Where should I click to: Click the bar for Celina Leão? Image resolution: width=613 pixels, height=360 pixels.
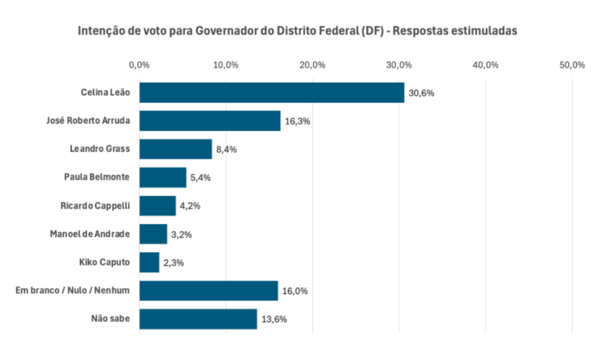pyautogui.click(x=271, y=93)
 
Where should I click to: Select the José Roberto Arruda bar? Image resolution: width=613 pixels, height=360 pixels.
pyautogui.click(x=210, y=121)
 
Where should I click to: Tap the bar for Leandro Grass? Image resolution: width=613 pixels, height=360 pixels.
pyautogui.click(x=175, y=149)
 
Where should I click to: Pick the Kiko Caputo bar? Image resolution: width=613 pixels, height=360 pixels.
pyautogui.click(x=149, y=262)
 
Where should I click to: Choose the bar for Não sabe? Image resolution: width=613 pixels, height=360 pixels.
pyautogui.click(x=198, y=319)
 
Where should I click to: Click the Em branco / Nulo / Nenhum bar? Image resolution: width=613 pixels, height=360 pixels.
pyautogui.click(x=208, y=291)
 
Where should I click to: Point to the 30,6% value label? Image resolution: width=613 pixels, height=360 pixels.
pyautogui.click(x=421, y=93)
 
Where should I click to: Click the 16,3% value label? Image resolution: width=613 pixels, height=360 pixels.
pyautogui.click(x=297, y=122)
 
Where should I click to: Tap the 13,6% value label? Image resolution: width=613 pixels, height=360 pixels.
pyautogui.click(x=274, y=319)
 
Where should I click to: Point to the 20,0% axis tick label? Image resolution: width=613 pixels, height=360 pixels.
pyautogui.click(x=312, y=65)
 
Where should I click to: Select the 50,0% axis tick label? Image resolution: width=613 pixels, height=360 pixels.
pyautogui.click(x=572, y=65)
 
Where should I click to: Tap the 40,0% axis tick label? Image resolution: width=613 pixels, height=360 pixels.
pyautogui.click(x=485, y=65)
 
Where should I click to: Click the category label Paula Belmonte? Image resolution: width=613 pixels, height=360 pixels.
pyautogui.click(x=98, y=177)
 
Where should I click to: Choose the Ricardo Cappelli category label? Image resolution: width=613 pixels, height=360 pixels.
pyautogui.click(x=96, y=205)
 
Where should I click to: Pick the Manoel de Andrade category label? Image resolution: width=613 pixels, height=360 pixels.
pyautogui.click(x=90, y=234)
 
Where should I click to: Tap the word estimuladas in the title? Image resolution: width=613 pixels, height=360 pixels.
pyautogui.click(x=482, y=31)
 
